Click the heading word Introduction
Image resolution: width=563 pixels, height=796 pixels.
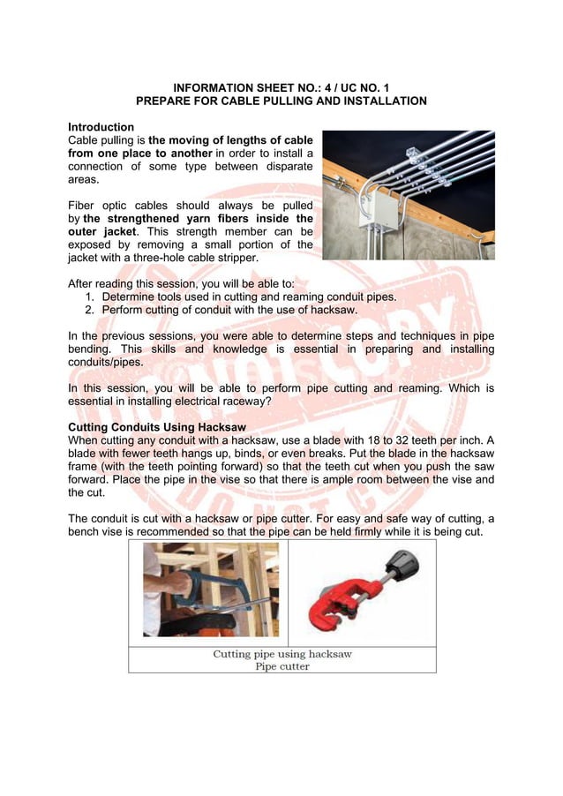click(x=101, y=127)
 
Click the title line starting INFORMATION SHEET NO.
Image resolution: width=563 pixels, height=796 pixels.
click(x=281, y=87)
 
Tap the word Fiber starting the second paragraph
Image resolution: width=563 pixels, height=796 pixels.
click(x=84, y=205)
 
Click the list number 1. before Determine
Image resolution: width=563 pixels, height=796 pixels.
click(x=91, y=297)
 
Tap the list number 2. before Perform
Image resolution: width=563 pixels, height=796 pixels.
click(x=91, y=311)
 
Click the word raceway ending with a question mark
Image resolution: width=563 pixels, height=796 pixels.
click(x=246, y=402)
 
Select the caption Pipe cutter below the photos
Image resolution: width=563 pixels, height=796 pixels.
click(x=281, y=666)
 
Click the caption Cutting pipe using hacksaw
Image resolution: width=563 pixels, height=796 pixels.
click(x=281, y=654)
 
